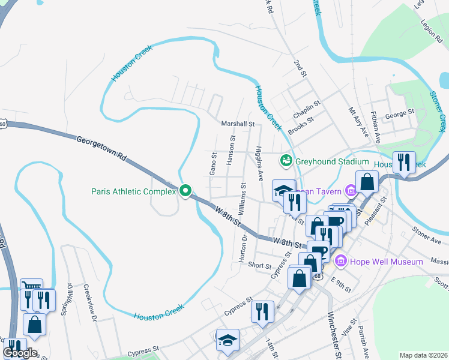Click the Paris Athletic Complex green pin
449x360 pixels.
coord(185,191)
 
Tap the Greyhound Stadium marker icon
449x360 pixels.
coord(286,161)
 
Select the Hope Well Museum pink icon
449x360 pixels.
coord(342,260)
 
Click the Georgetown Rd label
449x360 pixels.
coord(101,148)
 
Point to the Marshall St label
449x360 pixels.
coord(238,124)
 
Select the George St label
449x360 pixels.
coord(400,112)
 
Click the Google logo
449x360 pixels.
coord(20,353)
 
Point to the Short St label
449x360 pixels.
coord(260,265)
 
